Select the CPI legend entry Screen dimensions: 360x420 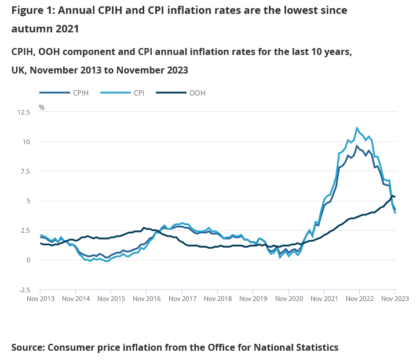tap(139, 93)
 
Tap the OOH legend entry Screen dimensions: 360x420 tap(197, 93)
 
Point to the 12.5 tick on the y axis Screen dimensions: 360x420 tap(24, 112)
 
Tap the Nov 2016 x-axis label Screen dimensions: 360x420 tap(147, 299)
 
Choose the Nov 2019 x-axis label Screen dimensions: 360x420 tap(253, 299)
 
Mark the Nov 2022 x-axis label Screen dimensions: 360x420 tap(359, 299)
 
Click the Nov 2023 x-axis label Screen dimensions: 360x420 tap(395, 299)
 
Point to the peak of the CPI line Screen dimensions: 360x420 tap(357, 128)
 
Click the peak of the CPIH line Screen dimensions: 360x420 tap(357, 145)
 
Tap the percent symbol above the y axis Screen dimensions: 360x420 tap(41, 107)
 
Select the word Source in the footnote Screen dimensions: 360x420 tap(27, 347)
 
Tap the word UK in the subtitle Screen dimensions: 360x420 tap(18, 70)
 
